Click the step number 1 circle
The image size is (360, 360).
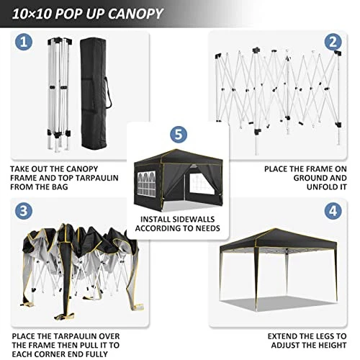24,42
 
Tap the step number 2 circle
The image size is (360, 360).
333,42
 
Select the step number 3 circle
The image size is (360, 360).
24,211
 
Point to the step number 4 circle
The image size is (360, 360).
333,211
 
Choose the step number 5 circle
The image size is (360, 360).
179,134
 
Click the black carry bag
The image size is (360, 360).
94,94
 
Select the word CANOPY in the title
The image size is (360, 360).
135,14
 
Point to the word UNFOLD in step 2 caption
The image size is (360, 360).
320,186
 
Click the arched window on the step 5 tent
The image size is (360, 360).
146,183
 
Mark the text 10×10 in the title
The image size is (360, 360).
32,14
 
